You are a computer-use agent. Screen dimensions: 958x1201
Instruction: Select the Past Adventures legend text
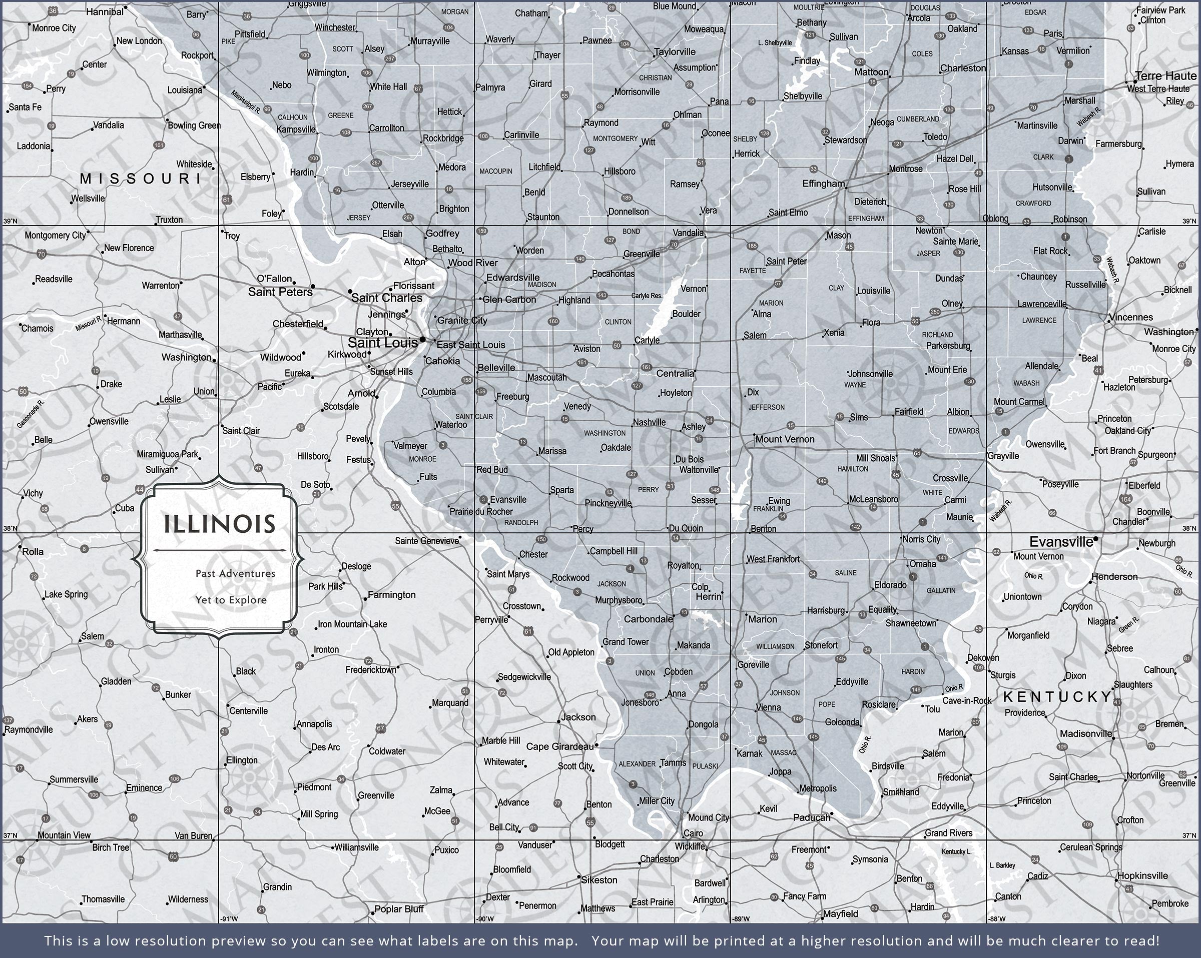pos(235,573)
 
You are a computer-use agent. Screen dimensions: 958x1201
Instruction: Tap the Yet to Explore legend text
pos(231,600)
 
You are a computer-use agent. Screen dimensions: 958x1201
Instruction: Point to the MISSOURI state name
pos(141,178)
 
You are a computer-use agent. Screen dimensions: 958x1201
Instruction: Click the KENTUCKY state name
pos(1057,697)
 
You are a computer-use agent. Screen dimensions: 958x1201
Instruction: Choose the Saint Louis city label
pos(383,343)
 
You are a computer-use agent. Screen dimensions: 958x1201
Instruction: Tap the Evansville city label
pos(1060,541)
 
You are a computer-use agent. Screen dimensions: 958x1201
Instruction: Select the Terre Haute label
pos(1165,76)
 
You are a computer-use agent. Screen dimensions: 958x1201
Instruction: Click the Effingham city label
pos(823,183)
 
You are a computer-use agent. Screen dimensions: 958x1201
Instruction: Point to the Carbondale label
pos(648,619)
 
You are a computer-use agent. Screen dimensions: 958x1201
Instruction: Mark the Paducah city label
pos(811,817)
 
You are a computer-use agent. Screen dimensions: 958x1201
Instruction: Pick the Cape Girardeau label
pos(560,746)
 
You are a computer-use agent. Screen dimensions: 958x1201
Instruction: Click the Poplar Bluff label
pos(399,909)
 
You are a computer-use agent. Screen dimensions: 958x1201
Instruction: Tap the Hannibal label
pos(105,12)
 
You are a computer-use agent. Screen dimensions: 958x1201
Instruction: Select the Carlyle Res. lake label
pos(647,296)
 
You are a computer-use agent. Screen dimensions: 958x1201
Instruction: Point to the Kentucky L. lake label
pos(956,851)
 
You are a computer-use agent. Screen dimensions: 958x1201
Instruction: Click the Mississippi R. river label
pos(246,102)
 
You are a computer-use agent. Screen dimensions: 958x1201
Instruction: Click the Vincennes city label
pos(1130,318)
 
